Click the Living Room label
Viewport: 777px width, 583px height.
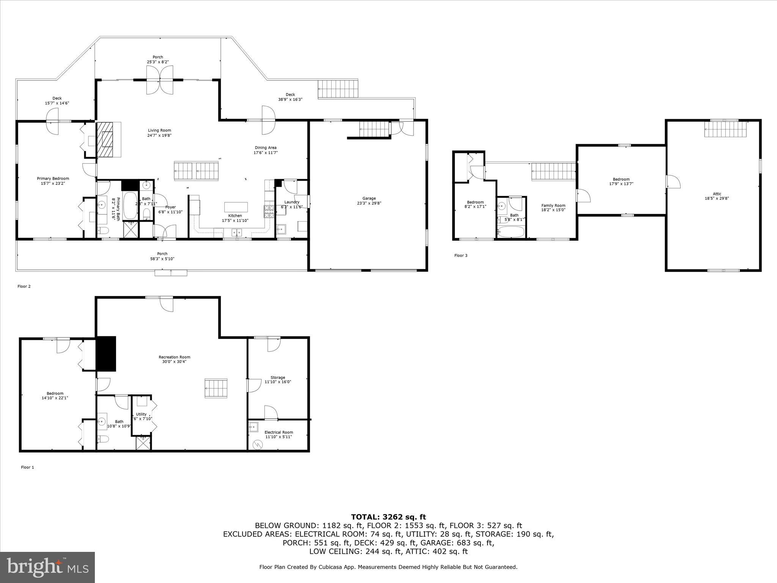(x=159, y=131)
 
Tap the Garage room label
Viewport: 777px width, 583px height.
(x=369, y=198)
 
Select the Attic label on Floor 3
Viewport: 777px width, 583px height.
(x=717, y=194)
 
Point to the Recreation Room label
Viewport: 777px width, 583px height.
(x=174, y=357)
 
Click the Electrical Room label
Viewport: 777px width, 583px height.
(x=278, y=432)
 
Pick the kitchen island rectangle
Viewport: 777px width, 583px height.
(x=236, y=207)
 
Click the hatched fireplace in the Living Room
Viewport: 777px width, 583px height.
(x=106, y=139)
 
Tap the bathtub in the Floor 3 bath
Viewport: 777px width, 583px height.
(x=511, y=232)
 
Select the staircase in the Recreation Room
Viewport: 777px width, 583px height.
(x=216, y=388)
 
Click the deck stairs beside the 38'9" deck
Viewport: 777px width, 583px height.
(x=338, y=89)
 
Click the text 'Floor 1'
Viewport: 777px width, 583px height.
(x=27, y=467)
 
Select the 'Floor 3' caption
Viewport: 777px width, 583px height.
(x=461, y=255)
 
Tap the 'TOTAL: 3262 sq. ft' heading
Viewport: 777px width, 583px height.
(x=388, y=517)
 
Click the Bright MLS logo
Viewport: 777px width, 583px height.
(x=47, y=567)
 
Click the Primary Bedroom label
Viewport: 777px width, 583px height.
(x=53, y=178)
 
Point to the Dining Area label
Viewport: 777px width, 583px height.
(x=265, y=148)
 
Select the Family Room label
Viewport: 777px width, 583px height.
(x=553, y=205)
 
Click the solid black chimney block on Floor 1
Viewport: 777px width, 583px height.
(x=106, y=354)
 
